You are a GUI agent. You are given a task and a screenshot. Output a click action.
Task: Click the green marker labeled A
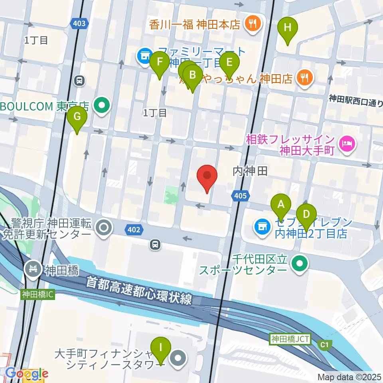click(x=281, y=205)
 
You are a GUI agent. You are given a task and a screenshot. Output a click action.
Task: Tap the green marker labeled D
click(x=306, y=214)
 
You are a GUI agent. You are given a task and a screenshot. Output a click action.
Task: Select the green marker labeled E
click(x=229, y=62)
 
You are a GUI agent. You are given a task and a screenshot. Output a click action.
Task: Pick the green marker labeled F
click(x=160, y=62)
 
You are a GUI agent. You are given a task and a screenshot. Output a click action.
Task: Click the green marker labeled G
click(x=77, y=117)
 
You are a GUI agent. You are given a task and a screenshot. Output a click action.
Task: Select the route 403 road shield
click(x=79, y=24)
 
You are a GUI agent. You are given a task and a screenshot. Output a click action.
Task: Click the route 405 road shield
click(x=241, y=195)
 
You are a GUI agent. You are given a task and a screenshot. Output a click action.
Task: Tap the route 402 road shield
click(x=134, y=229)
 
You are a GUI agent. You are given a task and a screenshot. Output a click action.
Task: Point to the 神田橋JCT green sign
click(x=290, y=339)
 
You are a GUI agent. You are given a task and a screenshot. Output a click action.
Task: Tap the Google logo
click(x=27, y=373)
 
